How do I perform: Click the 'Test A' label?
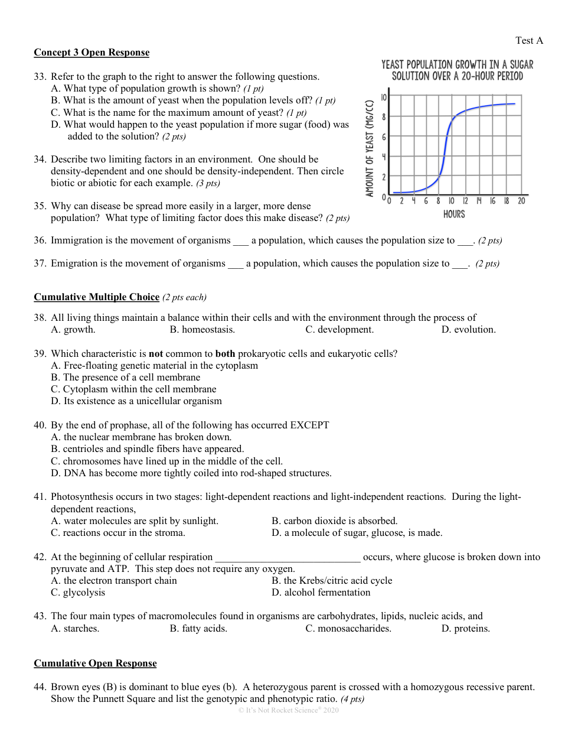(528, 41)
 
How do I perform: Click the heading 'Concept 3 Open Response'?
(92, 53)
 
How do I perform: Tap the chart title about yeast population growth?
(457, 70)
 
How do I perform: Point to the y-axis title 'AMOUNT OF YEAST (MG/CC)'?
(370, 148)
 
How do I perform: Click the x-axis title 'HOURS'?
(454, 214)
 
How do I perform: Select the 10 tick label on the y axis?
(384, 97)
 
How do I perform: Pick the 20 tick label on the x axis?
(521, 201)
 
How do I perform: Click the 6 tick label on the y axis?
(384, 137)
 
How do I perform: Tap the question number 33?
(40, 77)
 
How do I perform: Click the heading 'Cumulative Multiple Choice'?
(96, 297)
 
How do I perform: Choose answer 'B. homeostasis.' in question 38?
(202, 330)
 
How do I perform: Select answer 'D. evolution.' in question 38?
(468, 330)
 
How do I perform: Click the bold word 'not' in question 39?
(156, 354)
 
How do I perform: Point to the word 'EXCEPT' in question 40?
(309, 425)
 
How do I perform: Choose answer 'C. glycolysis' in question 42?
(78, 593)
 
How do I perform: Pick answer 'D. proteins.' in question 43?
(465, 629)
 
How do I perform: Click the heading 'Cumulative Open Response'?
(95, 664)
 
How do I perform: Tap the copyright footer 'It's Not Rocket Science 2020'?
(289, 710)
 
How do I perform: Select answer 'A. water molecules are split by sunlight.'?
(135, 521)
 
